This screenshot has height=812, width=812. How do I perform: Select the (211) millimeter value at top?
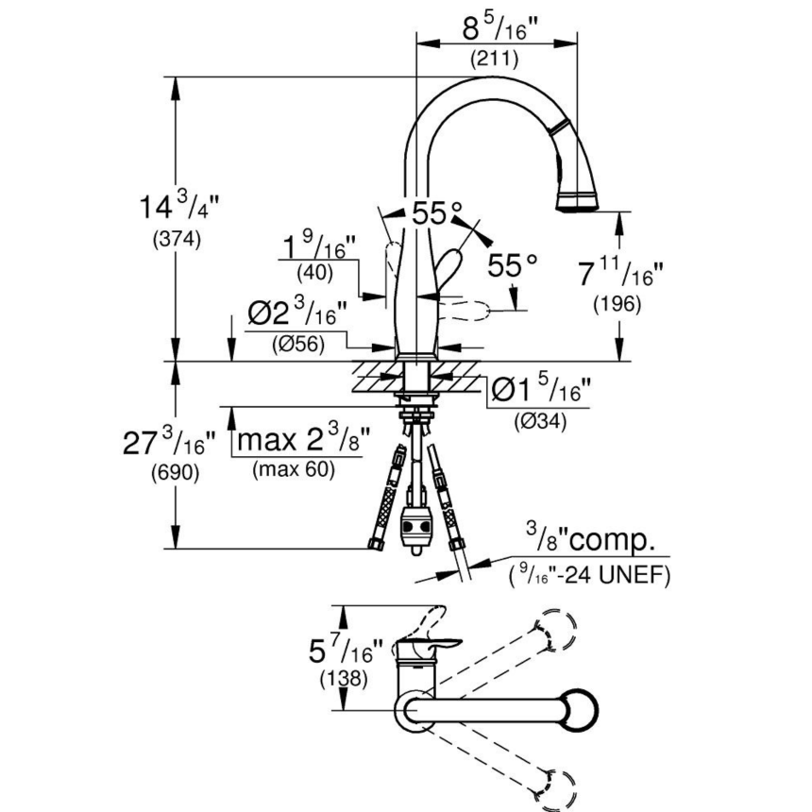(495, 59)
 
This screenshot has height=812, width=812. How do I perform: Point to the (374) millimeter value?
(176, 240)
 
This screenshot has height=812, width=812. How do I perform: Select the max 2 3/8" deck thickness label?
(300, 439)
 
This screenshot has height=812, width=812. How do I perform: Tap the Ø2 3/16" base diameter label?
(296, 313)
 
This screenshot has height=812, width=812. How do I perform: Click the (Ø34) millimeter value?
(540, 422)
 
